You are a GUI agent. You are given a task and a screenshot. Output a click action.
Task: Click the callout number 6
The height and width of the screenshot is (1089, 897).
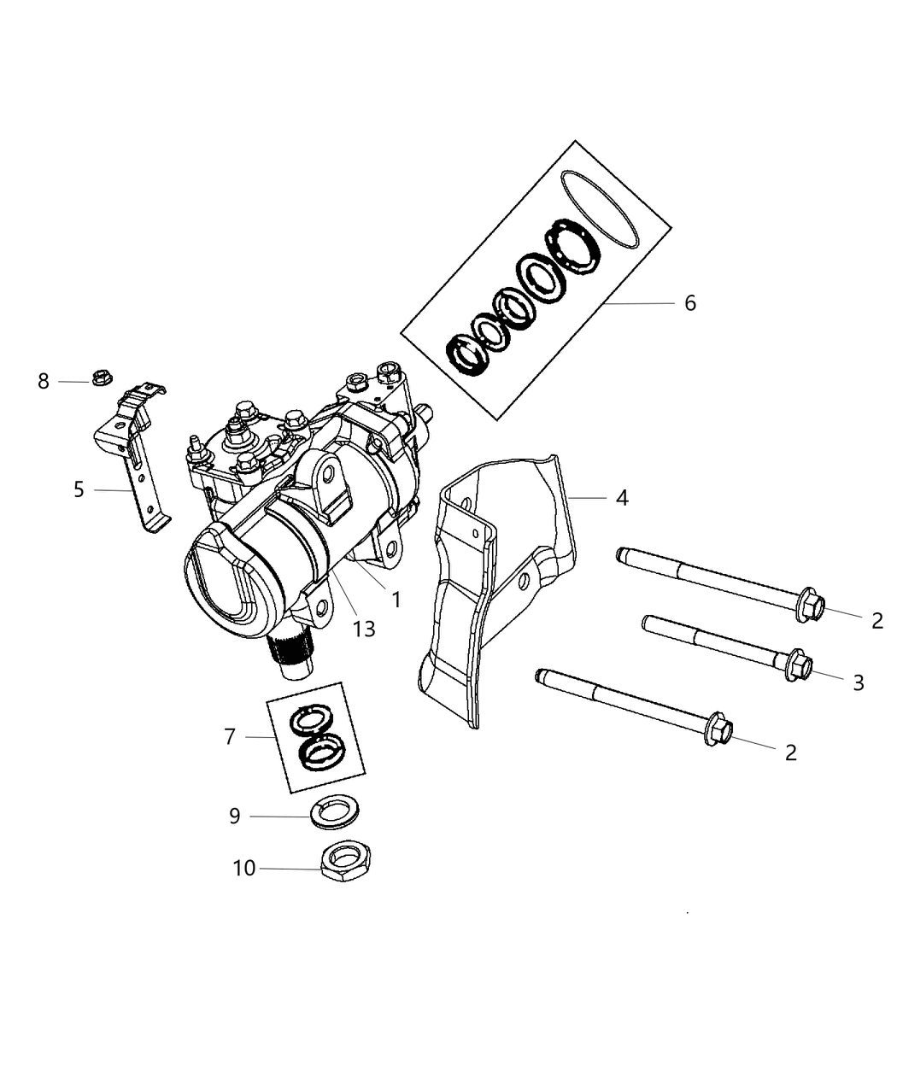[x=689, y=303]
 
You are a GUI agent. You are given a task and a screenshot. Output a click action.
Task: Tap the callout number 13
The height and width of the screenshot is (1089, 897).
[x=364, y=629]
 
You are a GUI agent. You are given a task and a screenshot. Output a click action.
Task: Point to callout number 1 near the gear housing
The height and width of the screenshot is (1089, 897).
[x=396, y=600]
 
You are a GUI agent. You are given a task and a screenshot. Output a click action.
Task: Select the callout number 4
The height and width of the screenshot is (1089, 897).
[x=621, y=497]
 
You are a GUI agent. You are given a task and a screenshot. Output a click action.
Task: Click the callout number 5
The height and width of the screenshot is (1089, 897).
[x=79, y=490]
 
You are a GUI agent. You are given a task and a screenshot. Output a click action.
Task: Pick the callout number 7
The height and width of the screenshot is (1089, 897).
[x=229, y=736]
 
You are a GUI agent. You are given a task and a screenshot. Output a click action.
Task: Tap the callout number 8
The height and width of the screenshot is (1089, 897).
[x=44, y=381]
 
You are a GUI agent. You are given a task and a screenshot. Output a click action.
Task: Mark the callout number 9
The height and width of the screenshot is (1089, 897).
[x=235, y=817]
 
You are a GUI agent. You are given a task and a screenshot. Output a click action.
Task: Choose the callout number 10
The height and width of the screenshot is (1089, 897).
[x=244, y=869]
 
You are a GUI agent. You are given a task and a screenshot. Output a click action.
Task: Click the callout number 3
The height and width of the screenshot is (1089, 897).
[x=858, y=682]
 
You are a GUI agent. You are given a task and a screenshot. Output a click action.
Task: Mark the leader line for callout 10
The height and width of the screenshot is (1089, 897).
[x=290, y=869]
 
